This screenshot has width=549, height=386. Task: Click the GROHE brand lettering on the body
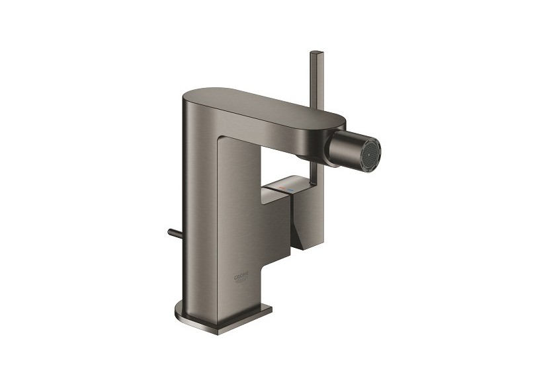pyautogui.click(x=242, y=275)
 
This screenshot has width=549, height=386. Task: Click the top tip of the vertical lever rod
pyautogui.click(x=314, y=51)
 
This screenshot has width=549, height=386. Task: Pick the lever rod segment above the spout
pyautogui.click(x=314, y=79)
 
